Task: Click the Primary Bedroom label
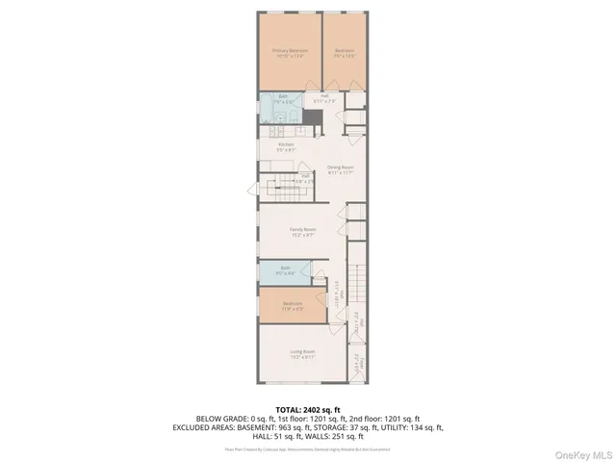288,51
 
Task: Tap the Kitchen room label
272,146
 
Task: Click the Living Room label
303,353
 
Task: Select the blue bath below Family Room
286,270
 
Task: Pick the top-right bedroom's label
345,51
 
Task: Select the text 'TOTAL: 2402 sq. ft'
308,410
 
